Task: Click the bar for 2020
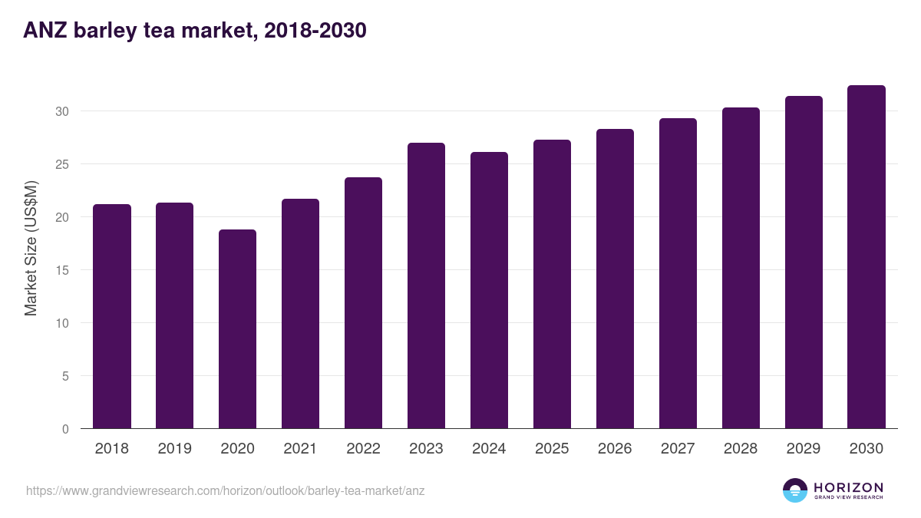point(237,329)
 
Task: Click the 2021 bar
point(300,314)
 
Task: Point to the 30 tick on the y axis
point(62,111)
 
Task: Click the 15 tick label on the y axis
point(62,270)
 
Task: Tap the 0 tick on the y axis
point(65,429)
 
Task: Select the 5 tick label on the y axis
point(65,376)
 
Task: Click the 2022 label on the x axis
point(363,449)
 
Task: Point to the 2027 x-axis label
point(678,449)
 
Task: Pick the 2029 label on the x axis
point(804,449)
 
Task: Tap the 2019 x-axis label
point(174,449)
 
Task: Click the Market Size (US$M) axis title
point(31,247)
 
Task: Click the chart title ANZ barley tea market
point(195,31)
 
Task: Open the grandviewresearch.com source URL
point(225,490)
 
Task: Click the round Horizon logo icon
point(795,490)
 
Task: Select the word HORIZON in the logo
point(848,487)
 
